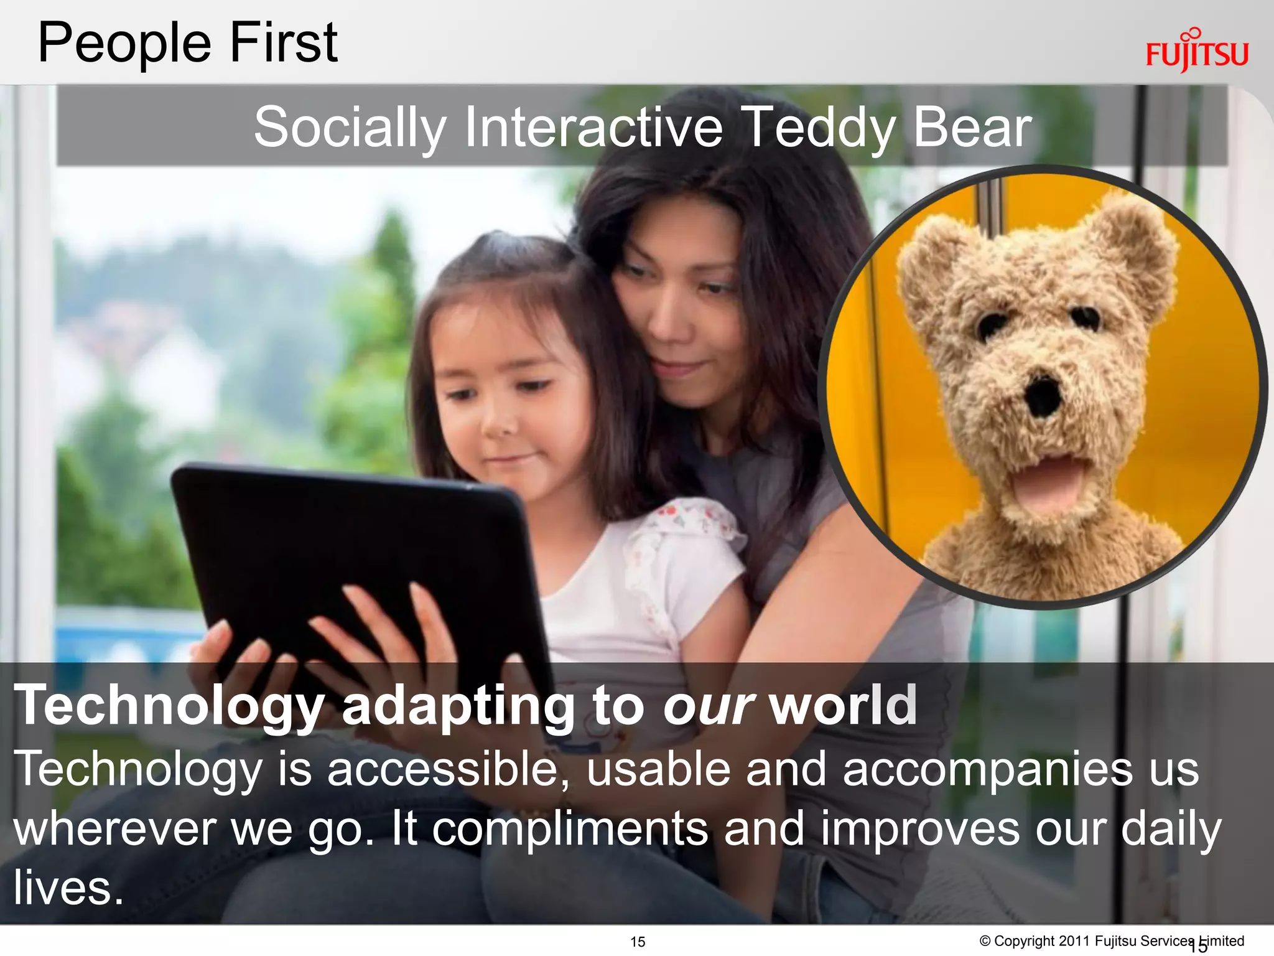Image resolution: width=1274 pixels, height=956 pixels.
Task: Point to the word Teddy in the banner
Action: [x=819, y=128]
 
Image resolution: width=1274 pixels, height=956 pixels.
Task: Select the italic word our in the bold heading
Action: [x=709, y=705]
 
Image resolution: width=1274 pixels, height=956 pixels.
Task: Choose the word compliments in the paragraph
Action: [x=570, y=830]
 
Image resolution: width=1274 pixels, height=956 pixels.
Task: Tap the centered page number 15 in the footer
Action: [x=638, y=942]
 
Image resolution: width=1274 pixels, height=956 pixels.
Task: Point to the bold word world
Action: [x=843, y=705]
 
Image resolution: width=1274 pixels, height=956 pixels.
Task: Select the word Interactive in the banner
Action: [x=593, y=127]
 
